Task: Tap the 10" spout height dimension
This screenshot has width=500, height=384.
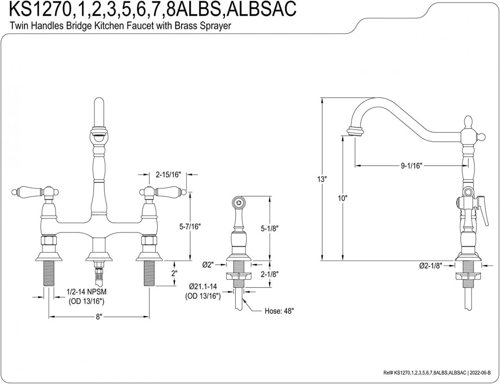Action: coord(342,198)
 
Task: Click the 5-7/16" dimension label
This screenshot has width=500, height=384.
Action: coord(190,226)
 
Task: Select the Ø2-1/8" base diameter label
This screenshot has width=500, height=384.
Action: coord(431,266)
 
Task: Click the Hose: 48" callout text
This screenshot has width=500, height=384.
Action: coord(279,311)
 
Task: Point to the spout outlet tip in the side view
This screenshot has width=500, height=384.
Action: coord(355,132)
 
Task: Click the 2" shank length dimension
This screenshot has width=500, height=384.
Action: coord(175,273)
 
